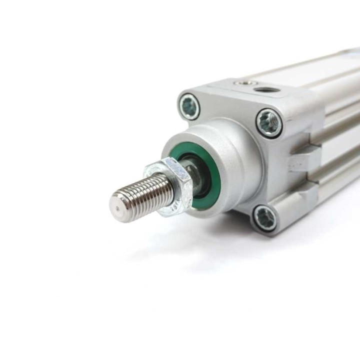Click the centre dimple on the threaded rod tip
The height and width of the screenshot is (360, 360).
click(118, 205)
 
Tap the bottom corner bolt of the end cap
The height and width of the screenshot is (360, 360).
click(263, 218)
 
